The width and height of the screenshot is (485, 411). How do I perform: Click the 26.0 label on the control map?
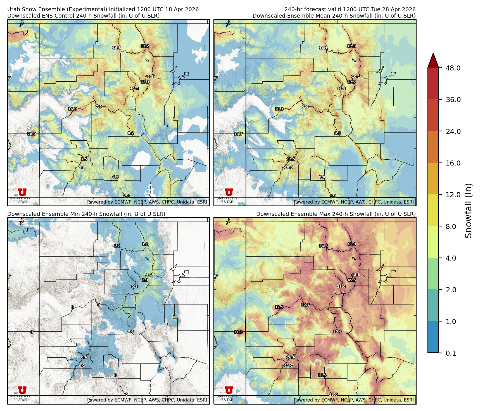(32, 134)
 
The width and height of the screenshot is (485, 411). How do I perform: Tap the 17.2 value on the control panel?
(145, 46)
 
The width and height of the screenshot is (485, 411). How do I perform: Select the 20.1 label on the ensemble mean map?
(356, 76)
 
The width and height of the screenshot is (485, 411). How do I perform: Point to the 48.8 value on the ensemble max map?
(356, 275)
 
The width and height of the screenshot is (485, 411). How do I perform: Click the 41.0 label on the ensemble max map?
(351, 244)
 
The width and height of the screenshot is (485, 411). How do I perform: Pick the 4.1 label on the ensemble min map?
(149, 275)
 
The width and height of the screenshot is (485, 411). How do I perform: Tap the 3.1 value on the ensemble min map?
(145, 244)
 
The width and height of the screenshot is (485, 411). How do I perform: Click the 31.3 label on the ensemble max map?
(238, 332)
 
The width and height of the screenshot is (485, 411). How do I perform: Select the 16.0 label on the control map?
(72, 109)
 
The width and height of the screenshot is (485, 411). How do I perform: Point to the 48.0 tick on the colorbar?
(453, 68)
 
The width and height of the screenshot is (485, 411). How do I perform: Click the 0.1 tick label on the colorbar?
(451, 353)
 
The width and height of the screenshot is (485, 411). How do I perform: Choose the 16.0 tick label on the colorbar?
(453, 163)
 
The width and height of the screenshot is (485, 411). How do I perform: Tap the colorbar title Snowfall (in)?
(469, 211)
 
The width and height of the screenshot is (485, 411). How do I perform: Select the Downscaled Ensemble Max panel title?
(336, 214)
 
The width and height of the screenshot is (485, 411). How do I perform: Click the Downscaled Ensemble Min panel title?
(86, 214)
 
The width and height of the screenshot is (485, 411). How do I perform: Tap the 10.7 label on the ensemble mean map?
(238, 134)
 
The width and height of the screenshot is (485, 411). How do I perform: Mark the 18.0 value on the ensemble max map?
(333, 394)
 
